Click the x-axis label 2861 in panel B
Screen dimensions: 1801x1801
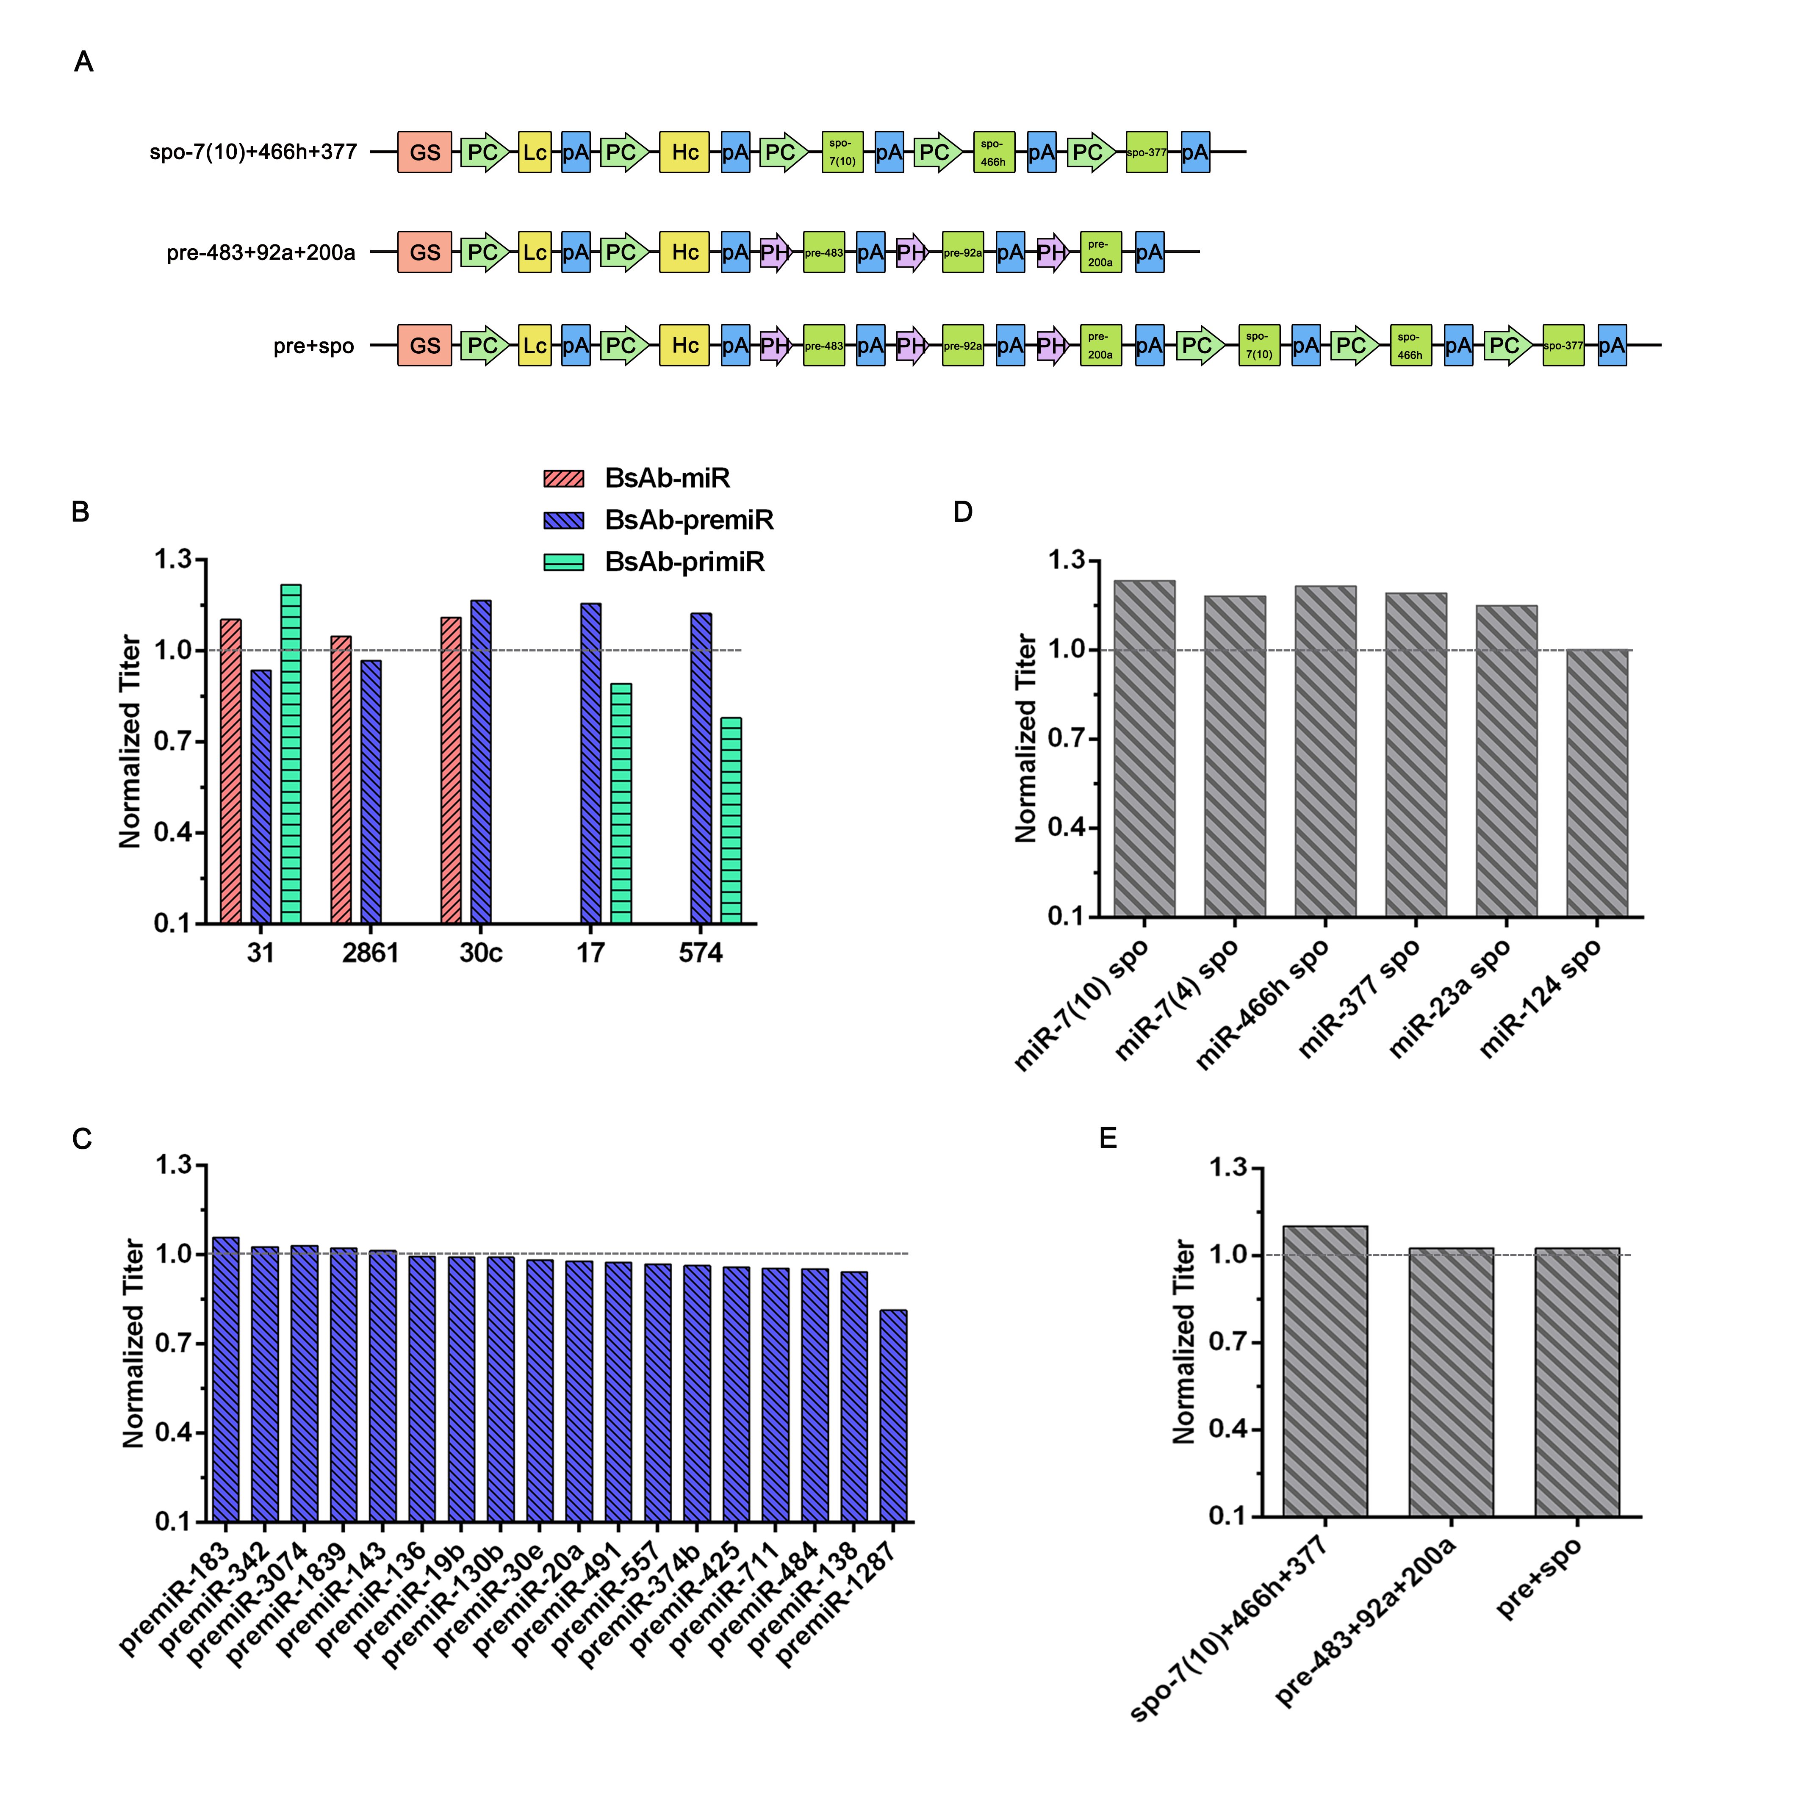coord(370,953)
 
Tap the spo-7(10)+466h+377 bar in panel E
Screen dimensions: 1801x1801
coord(1324,1370)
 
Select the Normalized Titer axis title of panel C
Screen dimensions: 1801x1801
coord(133,1342)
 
